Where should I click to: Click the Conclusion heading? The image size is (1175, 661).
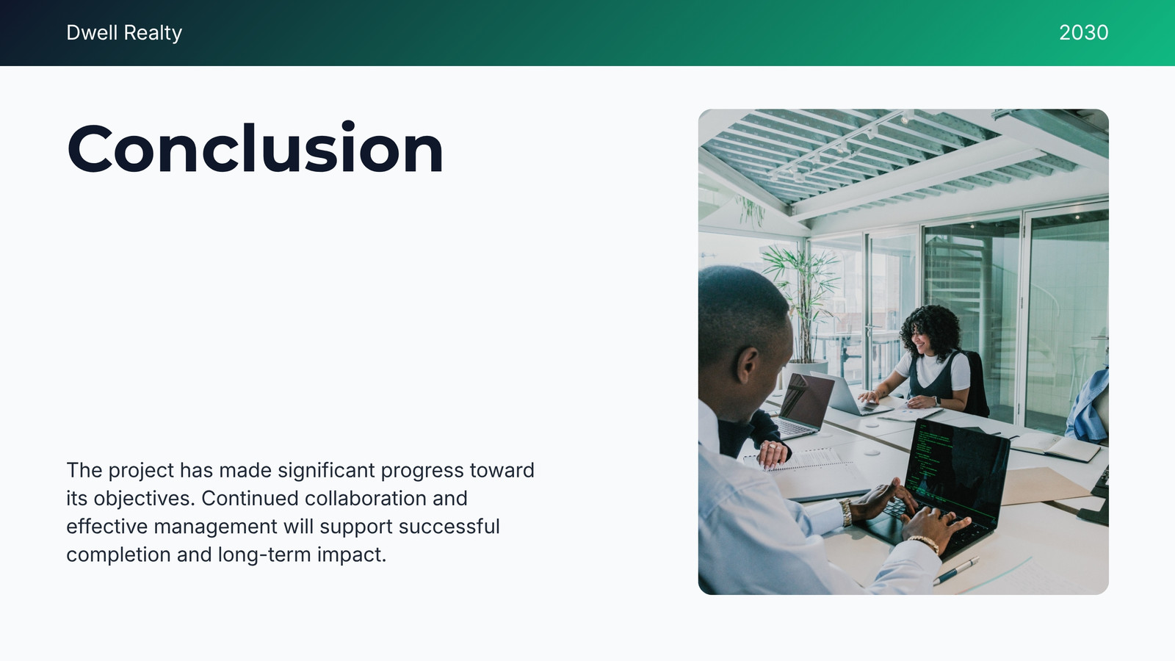pyautogui.click(x=256, y=148)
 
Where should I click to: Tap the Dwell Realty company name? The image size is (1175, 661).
pyautogui.click(x=124, y=32)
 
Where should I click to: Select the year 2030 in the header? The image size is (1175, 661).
pyautogui.click(x=1084, y=32)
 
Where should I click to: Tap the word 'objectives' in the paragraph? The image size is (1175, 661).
pyautogui.click(x=142, y=499)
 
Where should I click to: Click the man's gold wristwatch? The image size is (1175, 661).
pyautogui.click(x=845, y=512)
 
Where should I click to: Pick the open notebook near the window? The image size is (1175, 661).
pyautogui.click(x=1055, y=447)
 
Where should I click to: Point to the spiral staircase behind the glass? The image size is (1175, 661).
pyautogui.click(x=970, y=294)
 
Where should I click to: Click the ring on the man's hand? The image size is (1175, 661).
pyautogui.click(x=772, y=447)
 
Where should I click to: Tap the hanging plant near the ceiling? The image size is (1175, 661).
pyautogui.click(x=751, y=211)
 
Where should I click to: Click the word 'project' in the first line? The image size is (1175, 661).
pyautogui.click(x=141, y=471)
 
